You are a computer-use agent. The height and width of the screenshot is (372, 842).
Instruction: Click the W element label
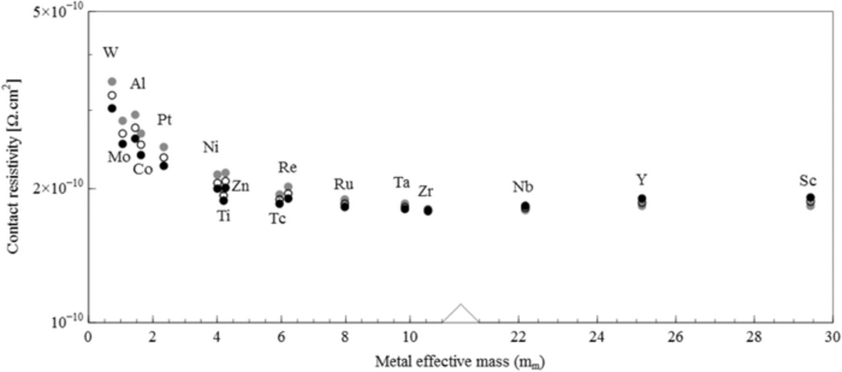[110, 52]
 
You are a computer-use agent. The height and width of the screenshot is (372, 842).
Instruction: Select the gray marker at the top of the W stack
[112, 81]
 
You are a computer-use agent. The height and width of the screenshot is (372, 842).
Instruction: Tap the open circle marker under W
[112, 95]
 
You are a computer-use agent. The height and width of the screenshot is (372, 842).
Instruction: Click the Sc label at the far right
[808, 181]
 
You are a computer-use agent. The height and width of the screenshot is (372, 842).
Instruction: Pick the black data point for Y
[642, 198]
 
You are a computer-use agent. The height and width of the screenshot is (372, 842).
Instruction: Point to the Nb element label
[523, 187]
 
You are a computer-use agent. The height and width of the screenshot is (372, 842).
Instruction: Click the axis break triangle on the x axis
[461, 314]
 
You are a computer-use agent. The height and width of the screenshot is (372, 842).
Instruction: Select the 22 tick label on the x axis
[518, 337]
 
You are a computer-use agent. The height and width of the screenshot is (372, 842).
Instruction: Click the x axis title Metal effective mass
[460, 361]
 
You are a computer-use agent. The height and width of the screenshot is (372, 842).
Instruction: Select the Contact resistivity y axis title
[13, 168]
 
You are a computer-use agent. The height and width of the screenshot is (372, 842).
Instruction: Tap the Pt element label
[164, 120]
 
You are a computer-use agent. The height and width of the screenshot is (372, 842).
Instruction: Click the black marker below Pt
[164, 166]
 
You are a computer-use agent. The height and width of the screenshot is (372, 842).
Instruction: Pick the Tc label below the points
[277, 219]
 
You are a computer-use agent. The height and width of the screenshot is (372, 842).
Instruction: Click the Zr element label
[425, 191]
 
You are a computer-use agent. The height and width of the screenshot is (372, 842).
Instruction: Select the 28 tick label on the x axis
[754, 337]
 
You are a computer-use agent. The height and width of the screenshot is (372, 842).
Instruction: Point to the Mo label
[119, 157]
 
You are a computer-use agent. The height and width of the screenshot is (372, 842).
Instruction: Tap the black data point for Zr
[428, 211]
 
